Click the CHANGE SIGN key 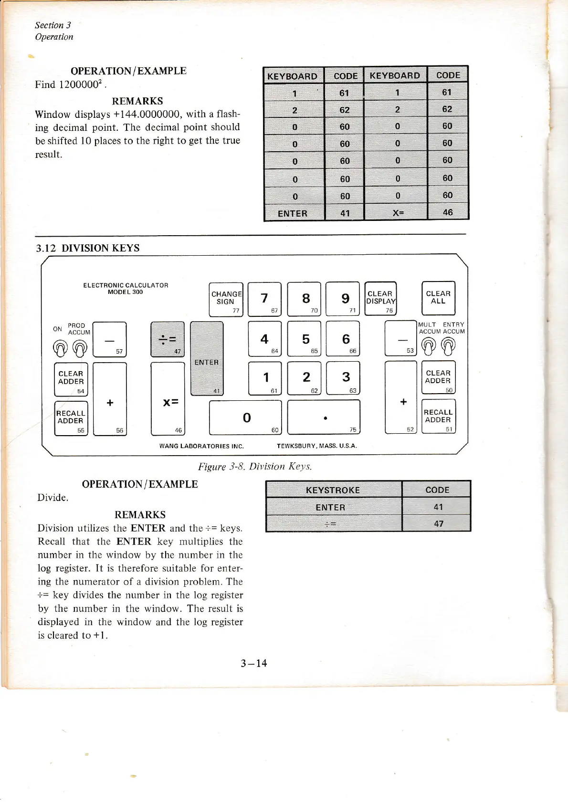coord(226,299)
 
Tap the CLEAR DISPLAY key coord(380,298)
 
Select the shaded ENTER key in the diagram coord(207,358)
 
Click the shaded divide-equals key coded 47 coord(167,339)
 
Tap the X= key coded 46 coord(168,399)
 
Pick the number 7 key coord(264,299)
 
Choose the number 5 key coord(306,339)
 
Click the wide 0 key coord(245,417)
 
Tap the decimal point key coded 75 coord(324,417)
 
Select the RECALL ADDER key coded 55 coord(71,418)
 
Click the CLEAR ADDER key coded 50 coord(438,377)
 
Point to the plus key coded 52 coord(401,397)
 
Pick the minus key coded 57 coord(109,339)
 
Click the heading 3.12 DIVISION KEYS coord(88,248)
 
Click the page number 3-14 coord(253,663)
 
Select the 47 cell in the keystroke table coord(438,523)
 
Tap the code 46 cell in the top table coord(447,212)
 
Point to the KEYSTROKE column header coord(333,490)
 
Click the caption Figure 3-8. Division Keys coord(255,467)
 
